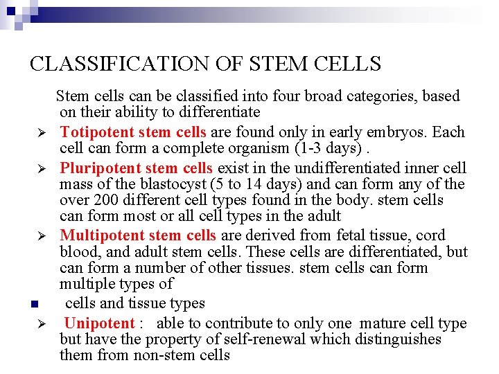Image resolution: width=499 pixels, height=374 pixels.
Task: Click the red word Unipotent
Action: pos(100,323)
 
